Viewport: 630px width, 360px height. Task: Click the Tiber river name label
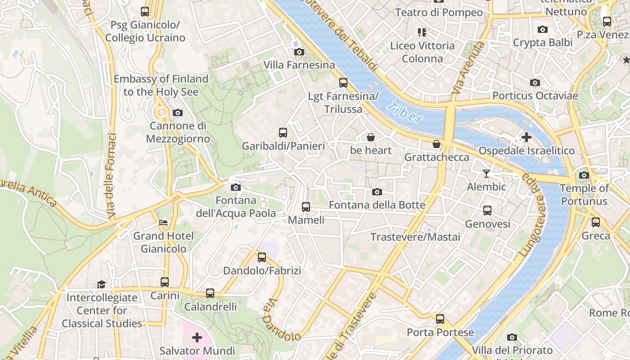[x=405, y=113]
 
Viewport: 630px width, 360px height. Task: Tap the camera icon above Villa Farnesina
[x=299, y=52]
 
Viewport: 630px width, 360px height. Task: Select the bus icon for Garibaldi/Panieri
[x=283, y=133]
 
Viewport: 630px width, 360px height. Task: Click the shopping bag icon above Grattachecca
[x=436, y=144]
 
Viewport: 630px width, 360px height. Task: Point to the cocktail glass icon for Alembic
[x=486, y=173]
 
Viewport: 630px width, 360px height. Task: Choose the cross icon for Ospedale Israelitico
[x=526, y=137]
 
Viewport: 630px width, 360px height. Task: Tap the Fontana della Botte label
[x=377, y=205]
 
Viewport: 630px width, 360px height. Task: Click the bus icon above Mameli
[x=306, y=207]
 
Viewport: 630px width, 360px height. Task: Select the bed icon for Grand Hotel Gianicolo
[x=163, y=223]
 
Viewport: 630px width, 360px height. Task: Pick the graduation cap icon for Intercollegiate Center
[x=102, y=284]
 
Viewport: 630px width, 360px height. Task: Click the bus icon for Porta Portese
[x=440, y=319]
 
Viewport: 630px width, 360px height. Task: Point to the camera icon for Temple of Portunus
[x=584, y=175]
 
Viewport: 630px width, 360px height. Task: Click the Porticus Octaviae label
[x=535, y=96]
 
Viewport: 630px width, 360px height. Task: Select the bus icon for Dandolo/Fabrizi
[x=262, y=257]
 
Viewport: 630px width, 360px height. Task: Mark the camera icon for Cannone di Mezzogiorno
[x=178, y=112]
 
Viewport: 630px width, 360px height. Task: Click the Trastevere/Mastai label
[x=415, y=237]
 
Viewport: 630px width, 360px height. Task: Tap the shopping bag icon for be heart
[x=371, y=137]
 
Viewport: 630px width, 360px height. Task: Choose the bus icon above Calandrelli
[x=210, y=293]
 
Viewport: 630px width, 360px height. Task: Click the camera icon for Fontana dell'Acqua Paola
[x=235, y=187]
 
